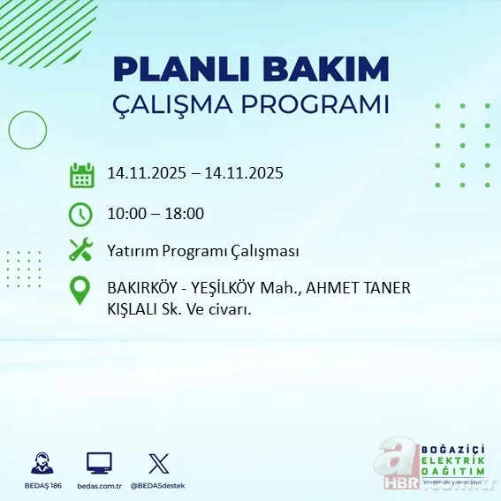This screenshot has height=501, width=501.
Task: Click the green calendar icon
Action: (x=81, y=175)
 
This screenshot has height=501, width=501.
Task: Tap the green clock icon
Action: (x=81, y=213)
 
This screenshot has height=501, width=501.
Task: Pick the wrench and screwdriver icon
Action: (x=81, y=250)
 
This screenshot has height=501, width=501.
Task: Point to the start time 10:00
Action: (x=125, y=213)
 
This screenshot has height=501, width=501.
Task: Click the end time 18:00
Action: (x=186, y=213)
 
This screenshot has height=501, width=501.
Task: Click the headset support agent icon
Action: (x=41, y=462)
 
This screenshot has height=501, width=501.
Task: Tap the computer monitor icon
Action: (x=99, y=462)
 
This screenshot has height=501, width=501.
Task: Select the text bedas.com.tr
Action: (x=99, y=486)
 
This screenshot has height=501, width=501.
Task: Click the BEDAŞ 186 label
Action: (x=41, y=486)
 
